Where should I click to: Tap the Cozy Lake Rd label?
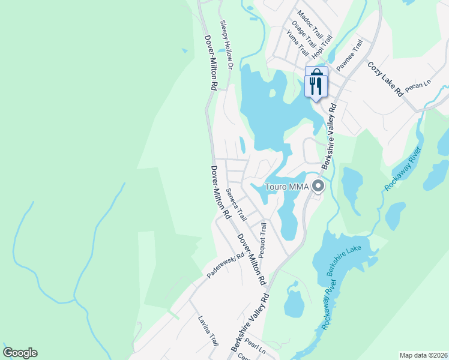[385, 80]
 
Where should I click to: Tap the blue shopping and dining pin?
[316, 81]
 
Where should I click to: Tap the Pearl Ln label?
[255, 347]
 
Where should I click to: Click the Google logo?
[20, 353]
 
